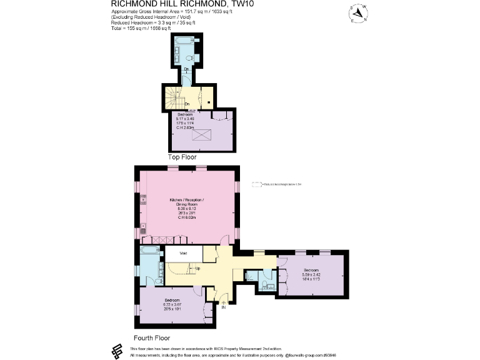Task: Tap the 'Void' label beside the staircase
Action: click(183, 254)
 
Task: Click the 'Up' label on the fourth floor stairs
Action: click(197, 269)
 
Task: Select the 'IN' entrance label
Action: click(223, 306)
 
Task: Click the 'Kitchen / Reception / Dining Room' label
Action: click(187, 202)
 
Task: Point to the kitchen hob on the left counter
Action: click(143, 199)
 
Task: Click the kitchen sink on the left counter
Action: click(143, 229)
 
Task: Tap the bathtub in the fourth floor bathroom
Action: click(149, 251)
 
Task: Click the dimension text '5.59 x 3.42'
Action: click(311, 274)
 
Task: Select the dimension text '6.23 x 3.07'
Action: click(172, 304)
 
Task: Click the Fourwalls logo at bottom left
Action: click(116, 351)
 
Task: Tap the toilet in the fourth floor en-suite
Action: click(265, 284)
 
